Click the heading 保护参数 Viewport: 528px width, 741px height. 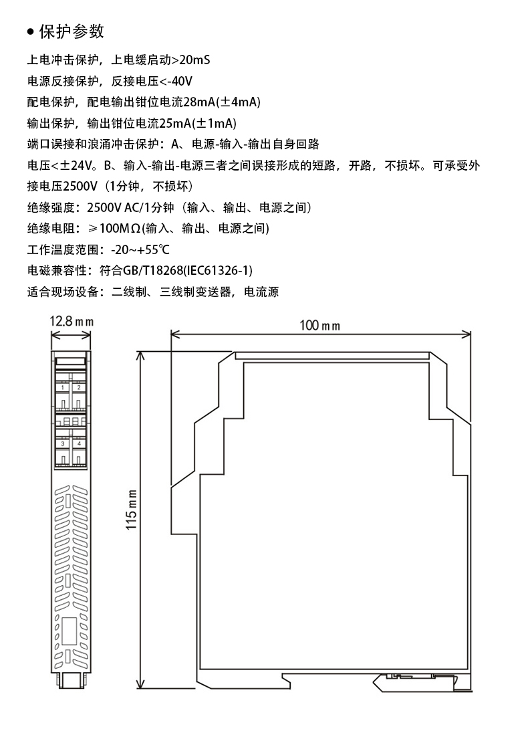[x=72, y=31]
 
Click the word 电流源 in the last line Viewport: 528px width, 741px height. [x=261, y=292]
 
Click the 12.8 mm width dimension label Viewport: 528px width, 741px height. [x=70, y=322]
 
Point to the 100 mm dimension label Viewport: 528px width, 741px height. [x=319, y=326]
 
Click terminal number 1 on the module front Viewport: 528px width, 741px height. [x=63, y=387]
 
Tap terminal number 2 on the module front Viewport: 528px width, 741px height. [x=78, y=387]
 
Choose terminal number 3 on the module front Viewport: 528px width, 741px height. [x=63, y=443]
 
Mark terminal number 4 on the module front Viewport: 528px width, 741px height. [x=78, y=443]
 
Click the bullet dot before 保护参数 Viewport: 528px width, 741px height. [x=30, y=32]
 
